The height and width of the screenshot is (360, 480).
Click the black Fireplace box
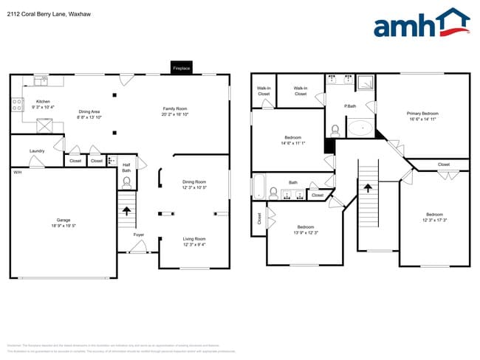point(182,68)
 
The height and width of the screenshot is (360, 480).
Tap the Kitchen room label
point(43,101)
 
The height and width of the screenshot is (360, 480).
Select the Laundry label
point(36,151)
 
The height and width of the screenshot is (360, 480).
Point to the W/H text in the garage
point(17,172)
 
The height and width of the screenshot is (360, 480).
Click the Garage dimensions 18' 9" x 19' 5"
point(64,226)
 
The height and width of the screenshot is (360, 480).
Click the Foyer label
point(138,235)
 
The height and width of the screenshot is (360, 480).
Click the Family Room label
point(176,109)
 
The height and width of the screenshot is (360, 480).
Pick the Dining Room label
point(194,181)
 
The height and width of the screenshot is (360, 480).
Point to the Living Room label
point(194,238)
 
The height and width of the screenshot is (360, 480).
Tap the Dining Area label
point(89,111)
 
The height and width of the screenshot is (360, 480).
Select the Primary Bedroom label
point(423,113)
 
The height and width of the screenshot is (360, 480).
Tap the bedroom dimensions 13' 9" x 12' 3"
point(306,233)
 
